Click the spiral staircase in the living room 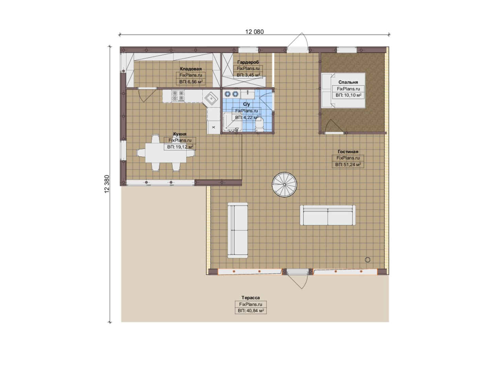[x=284, y=185]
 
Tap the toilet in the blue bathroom [x=259, y=125]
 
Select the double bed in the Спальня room [x=343, y=90]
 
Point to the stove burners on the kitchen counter [x=178, y=96]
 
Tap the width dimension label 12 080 [x=255, y=32]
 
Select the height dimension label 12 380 [x=107, y=184]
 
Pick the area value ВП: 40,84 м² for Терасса [x=251, y=311]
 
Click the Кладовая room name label [x=191, y=69]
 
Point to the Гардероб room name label [x=248, y=62]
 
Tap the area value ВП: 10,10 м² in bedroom [x=348, y=95]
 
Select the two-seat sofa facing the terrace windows [x=328, y=215]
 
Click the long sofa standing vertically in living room [x=238, y=230]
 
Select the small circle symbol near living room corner [x=367, y=260]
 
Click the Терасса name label [x=250, y=298]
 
